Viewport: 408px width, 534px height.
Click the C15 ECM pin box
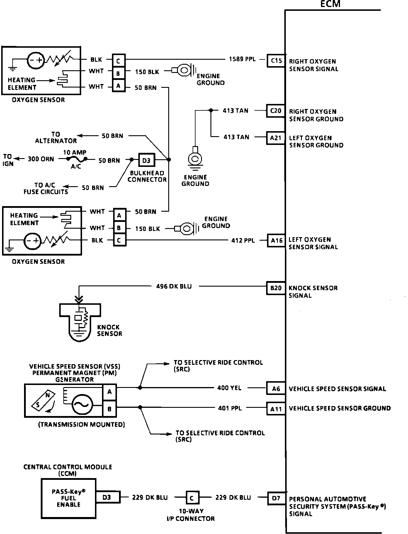(276, 61)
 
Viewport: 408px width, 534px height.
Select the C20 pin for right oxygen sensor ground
(276, 111)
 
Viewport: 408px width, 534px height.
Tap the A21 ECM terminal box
(276, 138)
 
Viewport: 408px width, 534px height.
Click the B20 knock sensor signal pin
(276, 288)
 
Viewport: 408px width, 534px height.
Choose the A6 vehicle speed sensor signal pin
(276, 389)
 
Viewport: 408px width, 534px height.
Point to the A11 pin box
(276, 409)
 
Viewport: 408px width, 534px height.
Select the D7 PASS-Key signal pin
(276, 498)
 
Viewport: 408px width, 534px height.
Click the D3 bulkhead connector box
(146, 160)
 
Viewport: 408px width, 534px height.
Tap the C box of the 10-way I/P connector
(192, 498)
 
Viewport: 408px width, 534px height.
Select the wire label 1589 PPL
(242, 59)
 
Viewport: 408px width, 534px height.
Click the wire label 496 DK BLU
(174, 286)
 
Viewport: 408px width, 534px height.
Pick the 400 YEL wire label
(229, 388)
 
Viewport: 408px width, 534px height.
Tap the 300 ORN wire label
(41, 159)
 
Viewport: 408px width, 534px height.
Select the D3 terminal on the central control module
(107, 497)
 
